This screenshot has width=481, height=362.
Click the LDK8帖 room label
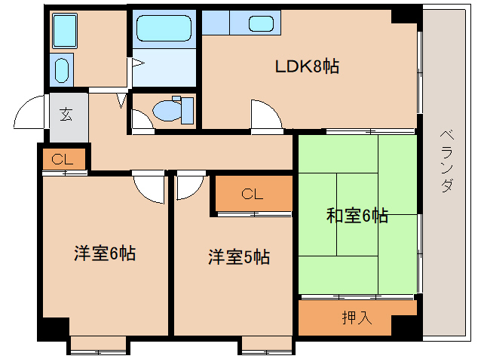tap(306, 67)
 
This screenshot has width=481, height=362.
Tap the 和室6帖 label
tap(357, 216)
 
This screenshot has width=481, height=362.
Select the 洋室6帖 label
tap(104, 254)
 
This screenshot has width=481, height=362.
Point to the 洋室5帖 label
tap(239, 257)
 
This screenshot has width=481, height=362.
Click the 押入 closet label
tap(357, 318)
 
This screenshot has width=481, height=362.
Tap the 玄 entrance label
tap(66, 115)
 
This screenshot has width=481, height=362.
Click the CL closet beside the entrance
tap(63, 160)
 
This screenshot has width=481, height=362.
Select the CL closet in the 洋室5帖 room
tap(253, 195)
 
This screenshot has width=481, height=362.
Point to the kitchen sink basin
tap(260, 23)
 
